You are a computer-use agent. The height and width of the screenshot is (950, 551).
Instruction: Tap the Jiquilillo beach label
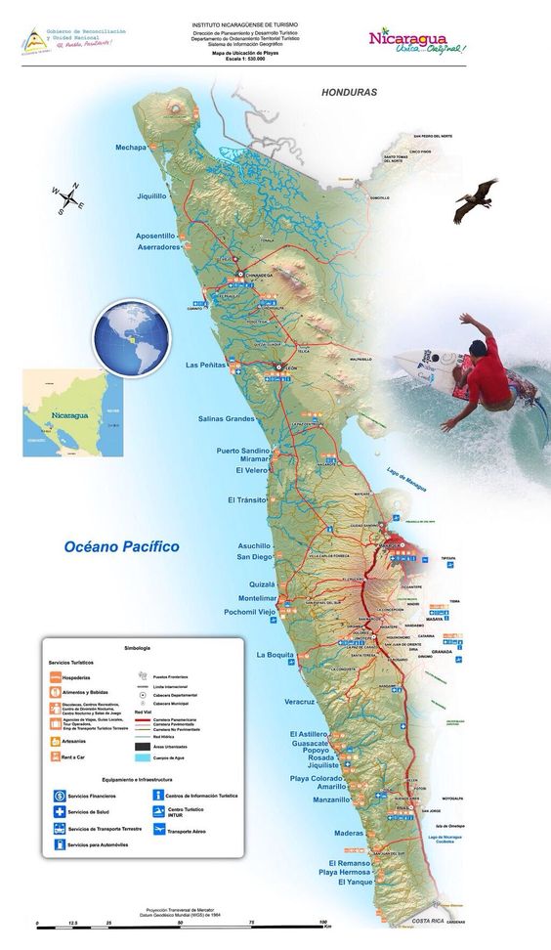pos(151,195)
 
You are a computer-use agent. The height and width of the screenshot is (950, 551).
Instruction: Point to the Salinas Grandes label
pos(226,418)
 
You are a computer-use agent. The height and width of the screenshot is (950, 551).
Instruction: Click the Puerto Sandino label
pos(241,451)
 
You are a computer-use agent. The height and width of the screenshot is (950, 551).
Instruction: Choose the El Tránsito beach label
pos(245,499)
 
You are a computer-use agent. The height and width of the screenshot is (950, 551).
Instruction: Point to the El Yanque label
pos(356,882)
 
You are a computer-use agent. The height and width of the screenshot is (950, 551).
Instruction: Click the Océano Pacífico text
pos(122,547)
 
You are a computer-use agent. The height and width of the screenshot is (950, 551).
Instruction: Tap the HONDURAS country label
pos(349,92)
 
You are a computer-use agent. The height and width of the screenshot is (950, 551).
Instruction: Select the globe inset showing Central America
pos(132,339)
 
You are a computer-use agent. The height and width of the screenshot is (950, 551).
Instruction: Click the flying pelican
pos(476,199)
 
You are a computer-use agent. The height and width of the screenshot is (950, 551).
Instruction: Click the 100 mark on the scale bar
pos(322,922)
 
